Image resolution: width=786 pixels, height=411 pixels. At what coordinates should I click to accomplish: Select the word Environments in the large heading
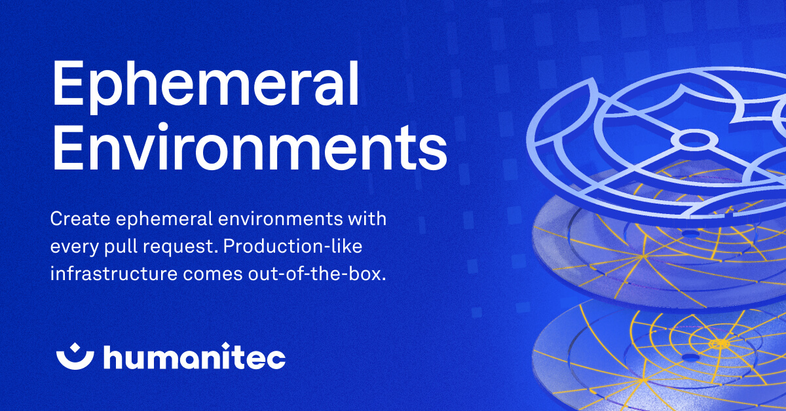pos(249,149)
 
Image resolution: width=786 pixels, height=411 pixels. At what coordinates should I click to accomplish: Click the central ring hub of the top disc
pos(695,139)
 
